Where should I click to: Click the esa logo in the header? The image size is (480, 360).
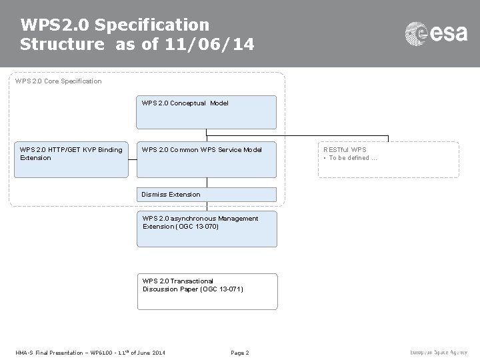[437, 33]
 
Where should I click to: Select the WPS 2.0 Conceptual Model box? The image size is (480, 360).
[207, 112]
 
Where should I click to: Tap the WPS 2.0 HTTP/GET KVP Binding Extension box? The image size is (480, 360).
[71, 161]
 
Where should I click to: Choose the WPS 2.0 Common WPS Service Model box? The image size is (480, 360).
[207, 161]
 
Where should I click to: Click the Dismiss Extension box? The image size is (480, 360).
[207, 195]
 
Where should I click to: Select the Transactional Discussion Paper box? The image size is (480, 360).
[207, 291]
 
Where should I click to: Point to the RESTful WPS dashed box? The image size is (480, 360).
[389, 160]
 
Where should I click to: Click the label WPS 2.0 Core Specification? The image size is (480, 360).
[59, 81]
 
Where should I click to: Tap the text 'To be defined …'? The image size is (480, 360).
[353, 158]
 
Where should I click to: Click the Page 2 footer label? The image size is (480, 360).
[239, 352]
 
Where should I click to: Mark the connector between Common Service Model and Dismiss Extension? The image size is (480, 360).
[207, 183]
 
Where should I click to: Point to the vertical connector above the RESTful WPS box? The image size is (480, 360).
[389, 139]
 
